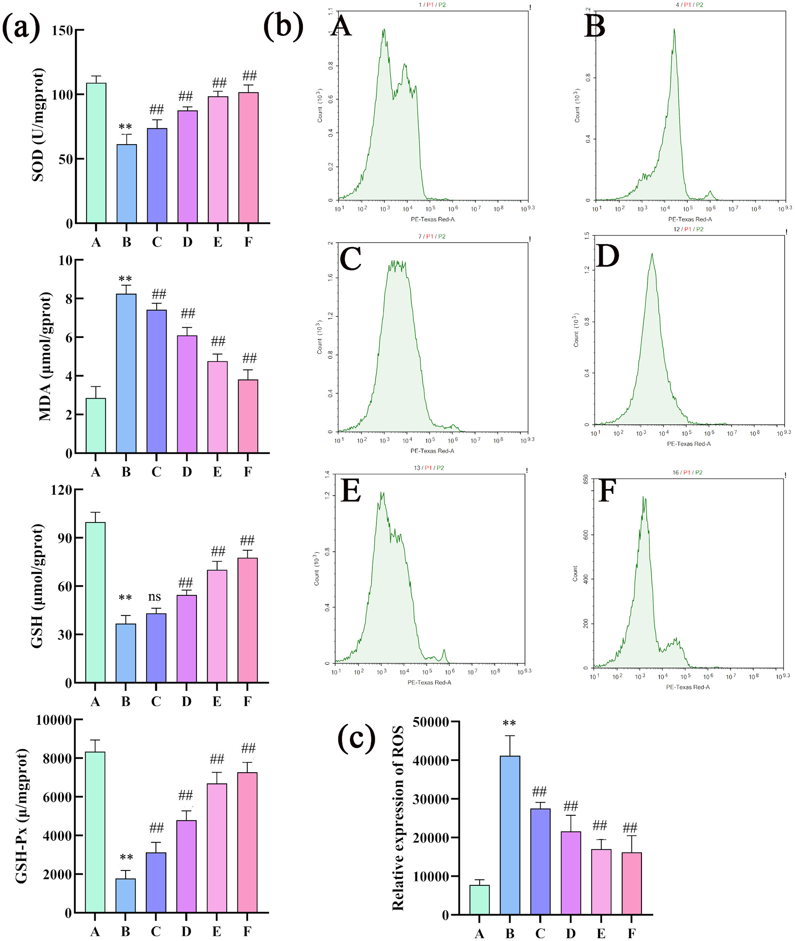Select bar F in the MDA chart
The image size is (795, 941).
[248, 416]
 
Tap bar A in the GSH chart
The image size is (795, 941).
[95, 602]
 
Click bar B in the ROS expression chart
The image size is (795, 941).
[510, 835]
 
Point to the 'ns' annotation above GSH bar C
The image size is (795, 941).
[155, 597]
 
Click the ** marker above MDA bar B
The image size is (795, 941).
[125, 279]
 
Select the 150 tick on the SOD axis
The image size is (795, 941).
[62, 31]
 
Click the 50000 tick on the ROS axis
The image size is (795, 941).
[431, 722]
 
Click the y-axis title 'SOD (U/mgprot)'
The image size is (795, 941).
[38, 125]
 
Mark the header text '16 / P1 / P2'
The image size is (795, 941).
[687, 473]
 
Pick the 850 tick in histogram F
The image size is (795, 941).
[586, 479]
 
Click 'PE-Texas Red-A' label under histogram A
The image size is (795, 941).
[432, 219]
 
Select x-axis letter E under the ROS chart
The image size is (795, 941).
[601, 933]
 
